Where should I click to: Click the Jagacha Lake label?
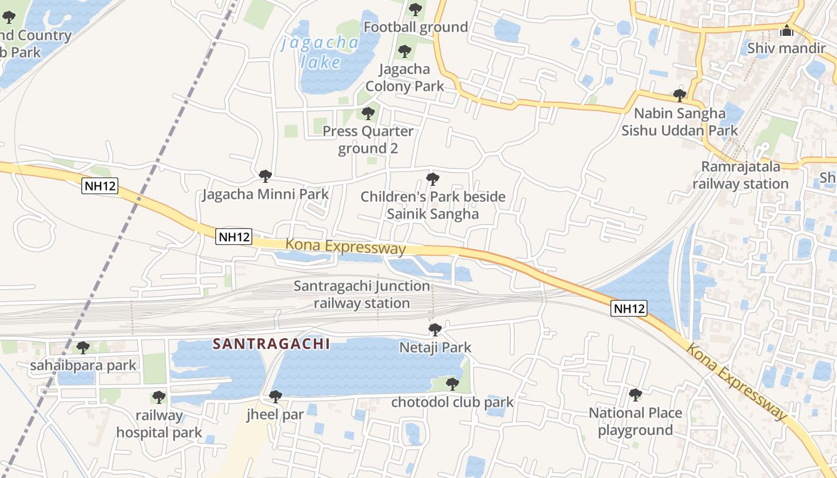320,52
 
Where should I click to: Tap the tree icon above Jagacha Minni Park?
265,176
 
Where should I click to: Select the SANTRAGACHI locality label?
271,344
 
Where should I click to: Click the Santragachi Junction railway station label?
362,295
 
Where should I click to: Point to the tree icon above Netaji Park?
435,330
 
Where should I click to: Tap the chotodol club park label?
453,402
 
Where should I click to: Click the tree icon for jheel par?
276,396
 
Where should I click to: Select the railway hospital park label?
159,424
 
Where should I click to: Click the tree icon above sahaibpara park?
83,347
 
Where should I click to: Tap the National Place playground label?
636,421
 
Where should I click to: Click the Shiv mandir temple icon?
787,30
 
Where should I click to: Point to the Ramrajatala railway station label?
741,175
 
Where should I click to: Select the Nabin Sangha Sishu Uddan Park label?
680,121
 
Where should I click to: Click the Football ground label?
416,27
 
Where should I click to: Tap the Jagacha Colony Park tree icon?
405,51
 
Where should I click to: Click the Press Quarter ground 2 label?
368,139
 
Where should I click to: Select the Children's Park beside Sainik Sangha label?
433,205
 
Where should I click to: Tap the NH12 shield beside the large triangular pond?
629,308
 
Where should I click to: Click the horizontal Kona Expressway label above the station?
346,246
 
